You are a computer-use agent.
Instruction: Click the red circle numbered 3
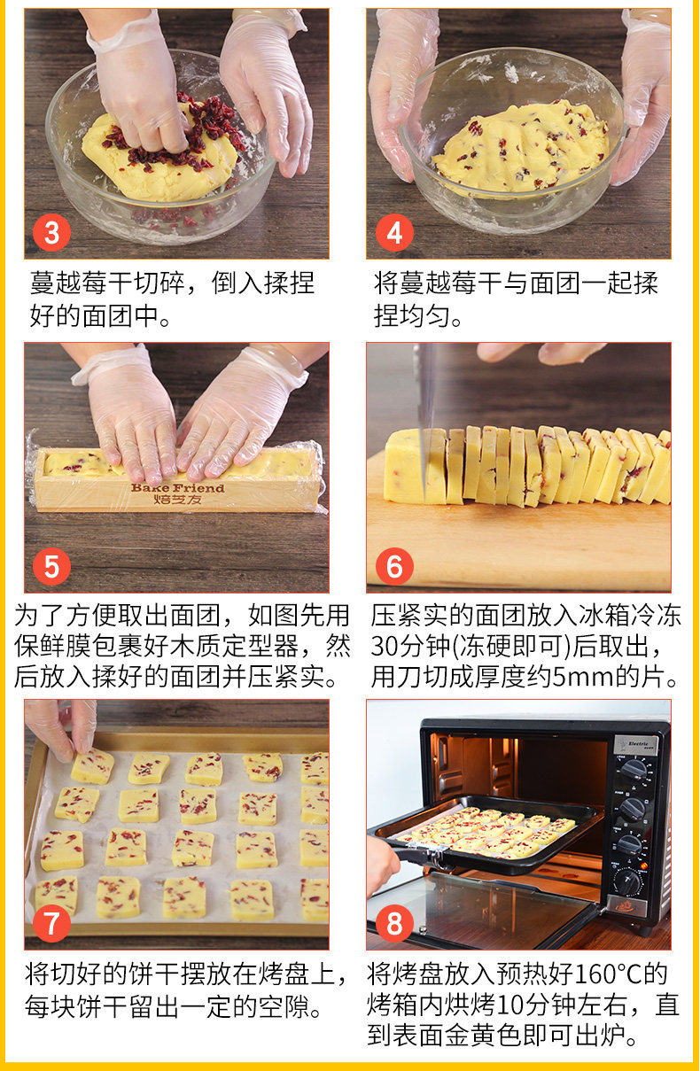coord(51,233)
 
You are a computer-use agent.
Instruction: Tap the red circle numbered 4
coord(394,233)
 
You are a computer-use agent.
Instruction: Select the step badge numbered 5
coord(51,567)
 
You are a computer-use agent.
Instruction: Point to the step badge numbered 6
coord(394,567)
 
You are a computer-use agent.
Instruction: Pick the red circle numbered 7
coord(51,923)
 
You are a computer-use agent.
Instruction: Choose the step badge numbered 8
coord(394,923)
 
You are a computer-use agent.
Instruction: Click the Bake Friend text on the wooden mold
coord(177,488)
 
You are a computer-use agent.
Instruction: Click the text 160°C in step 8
coord(607,974)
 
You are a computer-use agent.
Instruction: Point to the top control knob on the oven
coord(634,769)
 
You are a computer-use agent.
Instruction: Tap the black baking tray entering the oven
coord(486,832)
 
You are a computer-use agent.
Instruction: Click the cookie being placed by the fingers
coord(93,767)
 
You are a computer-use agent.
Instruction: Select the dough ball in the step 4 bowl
coord(520,148)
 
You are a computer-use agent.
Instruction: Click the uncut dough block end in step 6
coord(404,465)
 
